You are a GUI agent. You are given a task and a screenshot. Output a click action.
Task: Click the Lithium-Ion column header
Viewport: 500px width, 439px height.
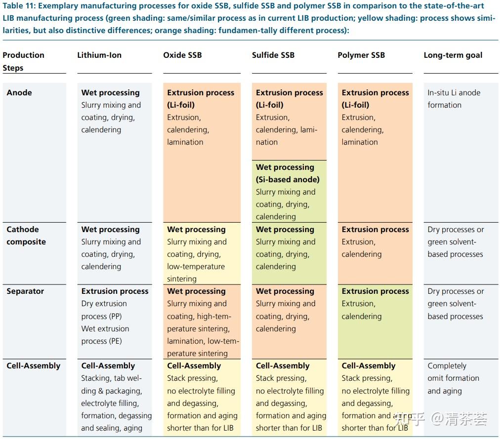pyautogui.click(x=99, y=55)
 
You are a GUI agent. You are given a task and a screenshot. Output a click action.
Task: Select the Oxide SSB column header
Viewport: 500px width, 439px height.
pyautogui.click(x=182, y=55)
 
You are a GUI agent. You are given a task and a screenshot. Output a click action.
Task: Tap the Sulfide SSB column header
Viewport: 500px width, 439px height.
pyautogui.click(x=273, y=55)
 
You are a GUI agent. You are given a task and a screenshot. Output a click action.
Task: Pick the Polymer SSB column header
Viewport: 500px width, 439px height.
pyautogui.click(x=361, y=55)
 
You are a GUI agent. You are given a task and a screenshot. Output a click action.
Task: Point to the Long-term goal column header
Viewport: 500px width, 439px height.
pyautogui.click(x=453, y=55)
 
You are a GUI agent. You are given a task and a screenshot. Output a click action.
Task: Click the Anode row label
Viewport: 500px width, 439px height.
pyautogui.click(x=19, y=93)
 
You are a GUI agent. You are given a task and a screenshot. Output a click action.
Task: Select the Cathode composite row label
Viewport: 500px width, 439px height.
pyautogui.click(x=26, y=236)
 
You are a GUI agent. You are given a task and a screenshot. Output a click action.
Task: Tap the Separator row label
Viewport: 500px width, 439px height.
pyautogui.click(x=25, y=291)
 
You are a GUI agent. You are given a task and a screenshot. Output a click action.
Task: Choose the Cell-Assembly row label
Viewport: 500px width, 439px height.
pyautogui.click(x=33, y=366)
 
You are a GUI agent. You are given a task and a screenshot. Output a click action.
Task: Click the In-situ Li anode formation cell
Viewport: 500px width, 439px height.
pyautogui.click(x=454, y=99)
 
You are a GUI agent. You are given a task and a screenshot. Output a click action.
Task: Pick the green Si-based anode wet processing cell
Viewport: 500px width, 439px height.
pyautogui.click(x=289, y=192)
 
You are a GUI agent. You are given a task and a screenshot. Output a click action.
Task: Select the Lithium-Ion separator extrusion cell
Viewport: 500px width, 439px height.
pyautogui.click(x=115, y=316)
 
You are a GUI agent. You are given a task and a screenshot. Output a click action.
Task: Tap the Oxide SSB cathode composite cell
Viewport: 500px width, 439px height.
pyautogui.click(x=202, y=254)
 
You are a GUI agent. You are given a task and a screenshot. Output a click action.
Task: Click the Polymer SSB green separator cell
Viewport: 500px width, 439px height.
pyautogui.click(x=375, y=321)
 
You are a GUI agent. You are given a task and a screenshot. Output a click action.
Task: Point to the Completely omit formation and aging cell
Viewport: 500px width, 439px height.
pyautogui.click(x=453, y=378)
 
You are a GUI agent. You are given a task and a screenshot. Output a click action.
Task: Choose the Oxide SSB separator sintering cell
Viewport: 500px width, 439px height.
pyautogui.click(x=202, y=322)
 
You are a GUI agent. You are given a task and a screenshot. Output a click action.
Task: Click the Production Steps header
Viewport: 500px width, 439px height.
pyautogui.click(x=23, y=61)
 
